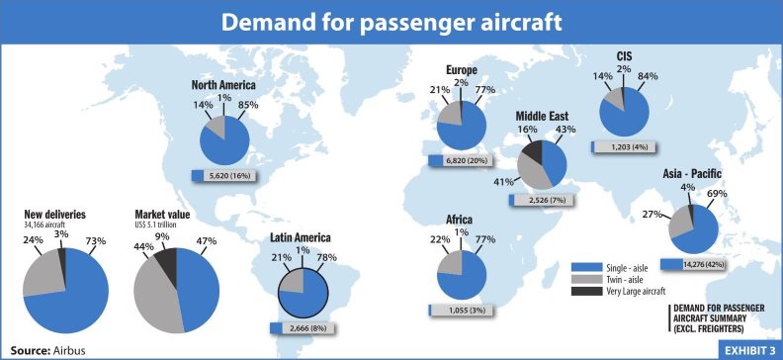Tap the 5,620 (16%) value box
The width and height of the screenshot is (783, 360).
click(x=228, y=175)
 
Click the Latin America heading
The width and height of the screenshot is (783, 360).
click(x=300, y=237)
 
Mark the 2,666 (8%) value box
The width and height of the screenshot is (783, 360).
click(x=305, y=327)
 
